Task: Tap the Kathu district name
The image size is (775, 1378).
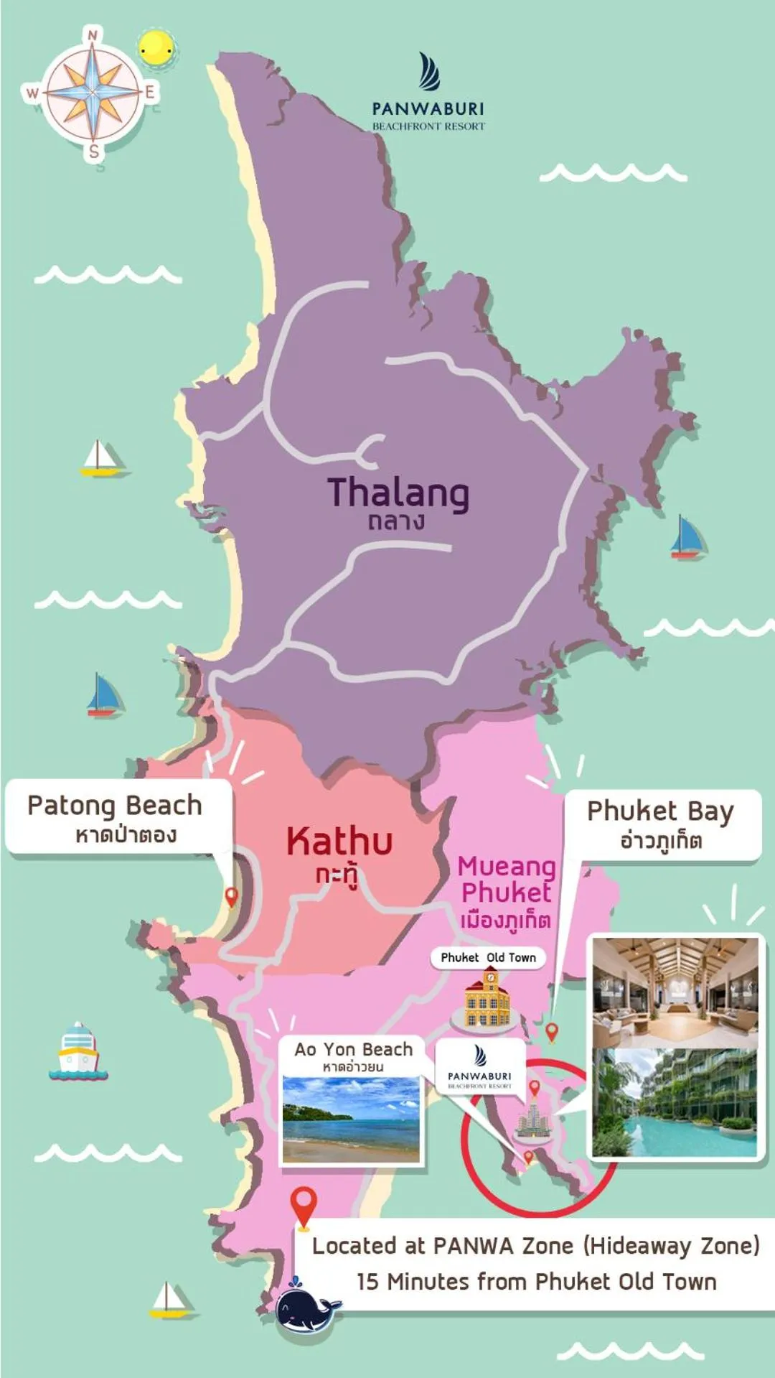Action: [x=339, y=842]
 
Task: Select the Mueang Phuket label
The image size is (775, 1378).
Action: [x=507, y=880]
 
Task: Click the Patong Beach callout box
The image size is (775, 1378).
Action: [x=118, y=817]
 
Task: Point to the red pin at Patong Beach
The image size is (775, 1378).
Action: [x=231, y=896]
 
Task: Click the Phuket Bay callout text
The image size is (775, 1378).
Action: [x=660, y=823]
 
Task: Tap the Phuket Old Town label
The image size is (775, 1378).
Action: [x=488, y=957]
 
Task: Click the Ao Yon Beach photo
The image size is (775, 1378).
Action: [x=351, y=1119]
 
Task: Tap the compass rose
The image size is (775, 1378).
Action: [x=93, y=93]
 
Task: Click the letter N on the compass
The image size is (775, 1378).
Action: [x=93, y=35]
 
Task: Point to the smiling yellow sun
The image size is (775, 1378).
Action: [x=156, y=50]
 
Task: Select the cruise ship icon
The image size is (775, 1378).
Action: [x=77, y=1052]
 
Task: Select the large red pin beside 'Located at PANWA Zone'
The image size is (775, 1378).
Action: [x=304, y=1206]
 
